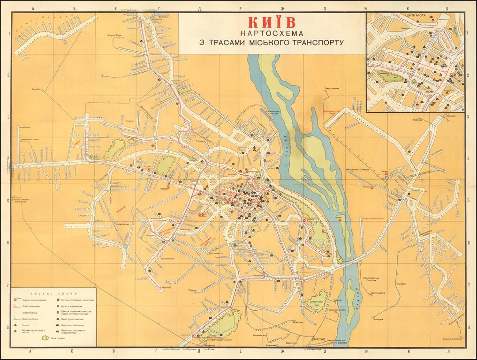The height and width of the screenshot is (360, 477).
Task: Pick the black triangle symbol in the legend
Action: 16,324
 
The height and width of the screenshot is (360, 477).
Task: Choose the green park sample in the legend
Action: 45,337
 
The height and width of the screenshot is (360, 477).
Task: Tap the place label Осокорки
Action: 378,320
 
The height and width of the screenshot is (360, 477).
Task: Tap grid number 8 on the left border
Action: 9,328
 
